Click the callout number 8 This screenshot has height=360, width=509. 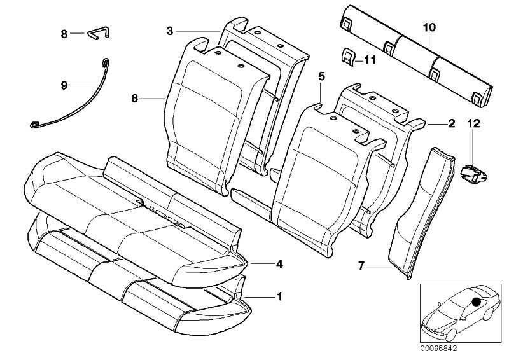64,34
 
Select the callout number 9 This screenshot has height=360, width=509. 64,85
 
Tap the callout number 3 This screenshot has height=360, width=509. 170,31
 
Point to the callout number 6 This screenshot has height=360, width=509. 134,99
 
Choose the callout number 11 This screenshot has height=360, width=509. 370,60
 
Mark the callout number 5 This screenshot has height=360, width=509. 321,76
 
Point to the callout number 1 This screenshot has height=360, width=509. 278,296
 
